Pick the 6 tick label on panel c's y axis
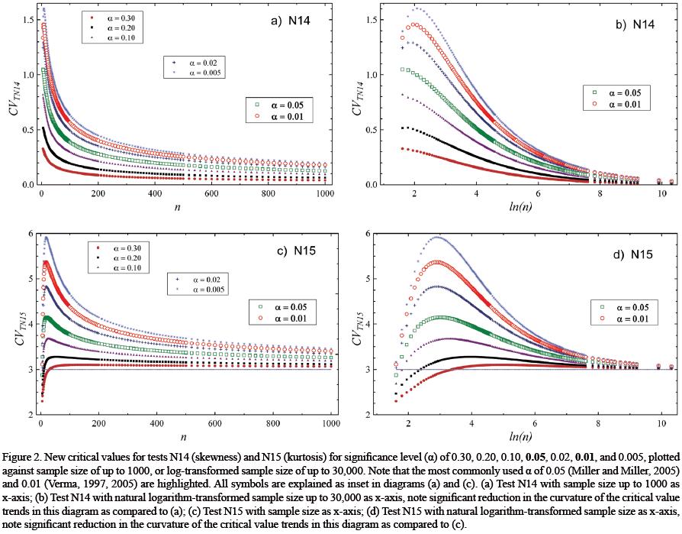[26, 234]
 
